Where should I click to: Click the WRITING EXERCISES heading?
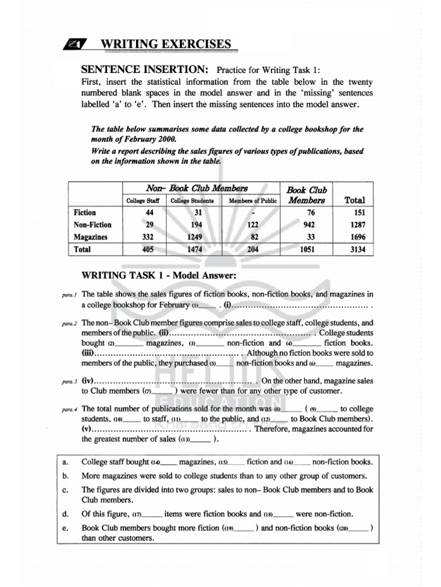pyautogui.click(x=166, y=44)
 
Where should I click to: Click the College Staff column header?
pyautogui.click(x=142, y=201)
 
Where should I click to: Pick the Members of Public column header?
pyautogui.click(x=253, y=201)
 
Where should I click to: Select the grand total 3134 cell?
pyautogui.click(x=354, y=249)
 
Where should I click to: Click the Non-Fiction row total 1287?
pyautogui.click(x=354, y=225)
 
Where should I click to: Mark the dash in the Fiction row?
pyautogui.click(x=253, y=213)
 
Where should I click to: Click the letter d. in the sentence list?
pyautogui.click(x=65, y=514)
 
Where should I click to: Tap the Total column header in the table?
pyautogui.click(x=354, y=200)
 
